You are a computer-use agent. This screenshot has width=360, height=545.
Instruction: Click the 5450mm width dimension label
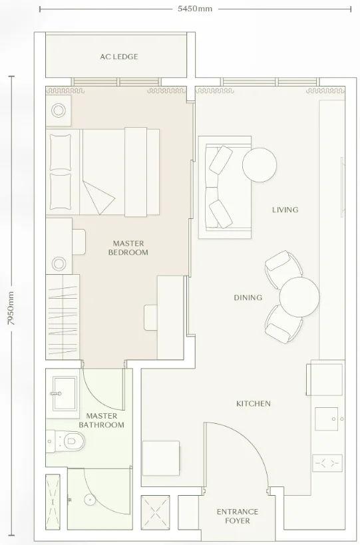tap(195, 9)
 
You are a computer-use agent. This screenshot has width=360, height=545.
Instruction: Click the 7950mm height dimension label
tap(11, 308)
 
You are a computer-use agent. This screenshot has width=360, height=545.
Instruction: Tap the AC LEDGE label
tap(119, 57)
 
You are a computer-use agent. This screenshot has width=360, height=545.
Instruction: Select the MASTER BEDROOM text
tap(128, 248)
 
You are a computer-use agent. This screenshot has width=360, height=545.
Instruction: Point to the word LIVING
tap(285, 210)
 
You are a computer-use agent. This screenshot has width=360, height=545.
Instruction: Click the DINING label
tap(248, 297)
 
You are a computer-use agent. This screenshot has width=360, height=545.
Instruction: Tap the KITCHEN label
tap(254, 403)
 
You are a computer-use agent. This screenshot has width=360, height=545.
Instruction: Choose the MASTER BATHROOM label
tap(101, 420)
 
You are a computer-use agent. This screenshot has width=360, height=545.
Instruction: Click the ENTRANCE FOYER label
tap(238, 516)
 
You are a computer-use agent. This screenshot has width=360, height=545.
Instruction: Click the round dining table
tap(299, 297)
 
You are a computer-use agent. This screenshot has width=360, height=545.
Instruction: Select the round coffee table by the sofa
tap(260, 165)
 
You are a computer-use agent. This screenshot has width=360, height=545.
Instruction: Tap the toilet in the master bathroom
tap(68, 441)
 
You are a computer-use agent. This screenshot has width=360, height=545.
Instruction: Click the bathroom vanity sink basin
tap(64, 393)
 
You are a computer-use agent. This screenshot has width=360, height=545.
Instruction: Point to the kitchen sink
tap(326, 419)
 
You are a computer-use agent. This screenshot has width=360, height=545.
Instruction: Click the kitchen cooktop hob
tap(327, 463)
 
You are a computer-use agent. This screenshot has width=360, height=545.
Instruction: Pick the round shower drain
tap(90, 500)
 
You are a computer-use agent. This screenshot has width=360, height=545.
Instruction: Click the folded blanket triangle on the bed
tap(98, 197)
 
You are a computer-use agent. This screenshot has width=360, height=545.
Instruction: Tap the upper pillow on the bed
tap(61, 152)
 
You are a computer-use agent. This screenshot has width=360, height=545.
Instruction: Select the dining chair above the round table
tap(282, 266)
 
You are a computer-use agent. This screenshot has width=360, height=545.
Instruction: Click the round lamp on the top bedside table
tap(59, 110)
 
